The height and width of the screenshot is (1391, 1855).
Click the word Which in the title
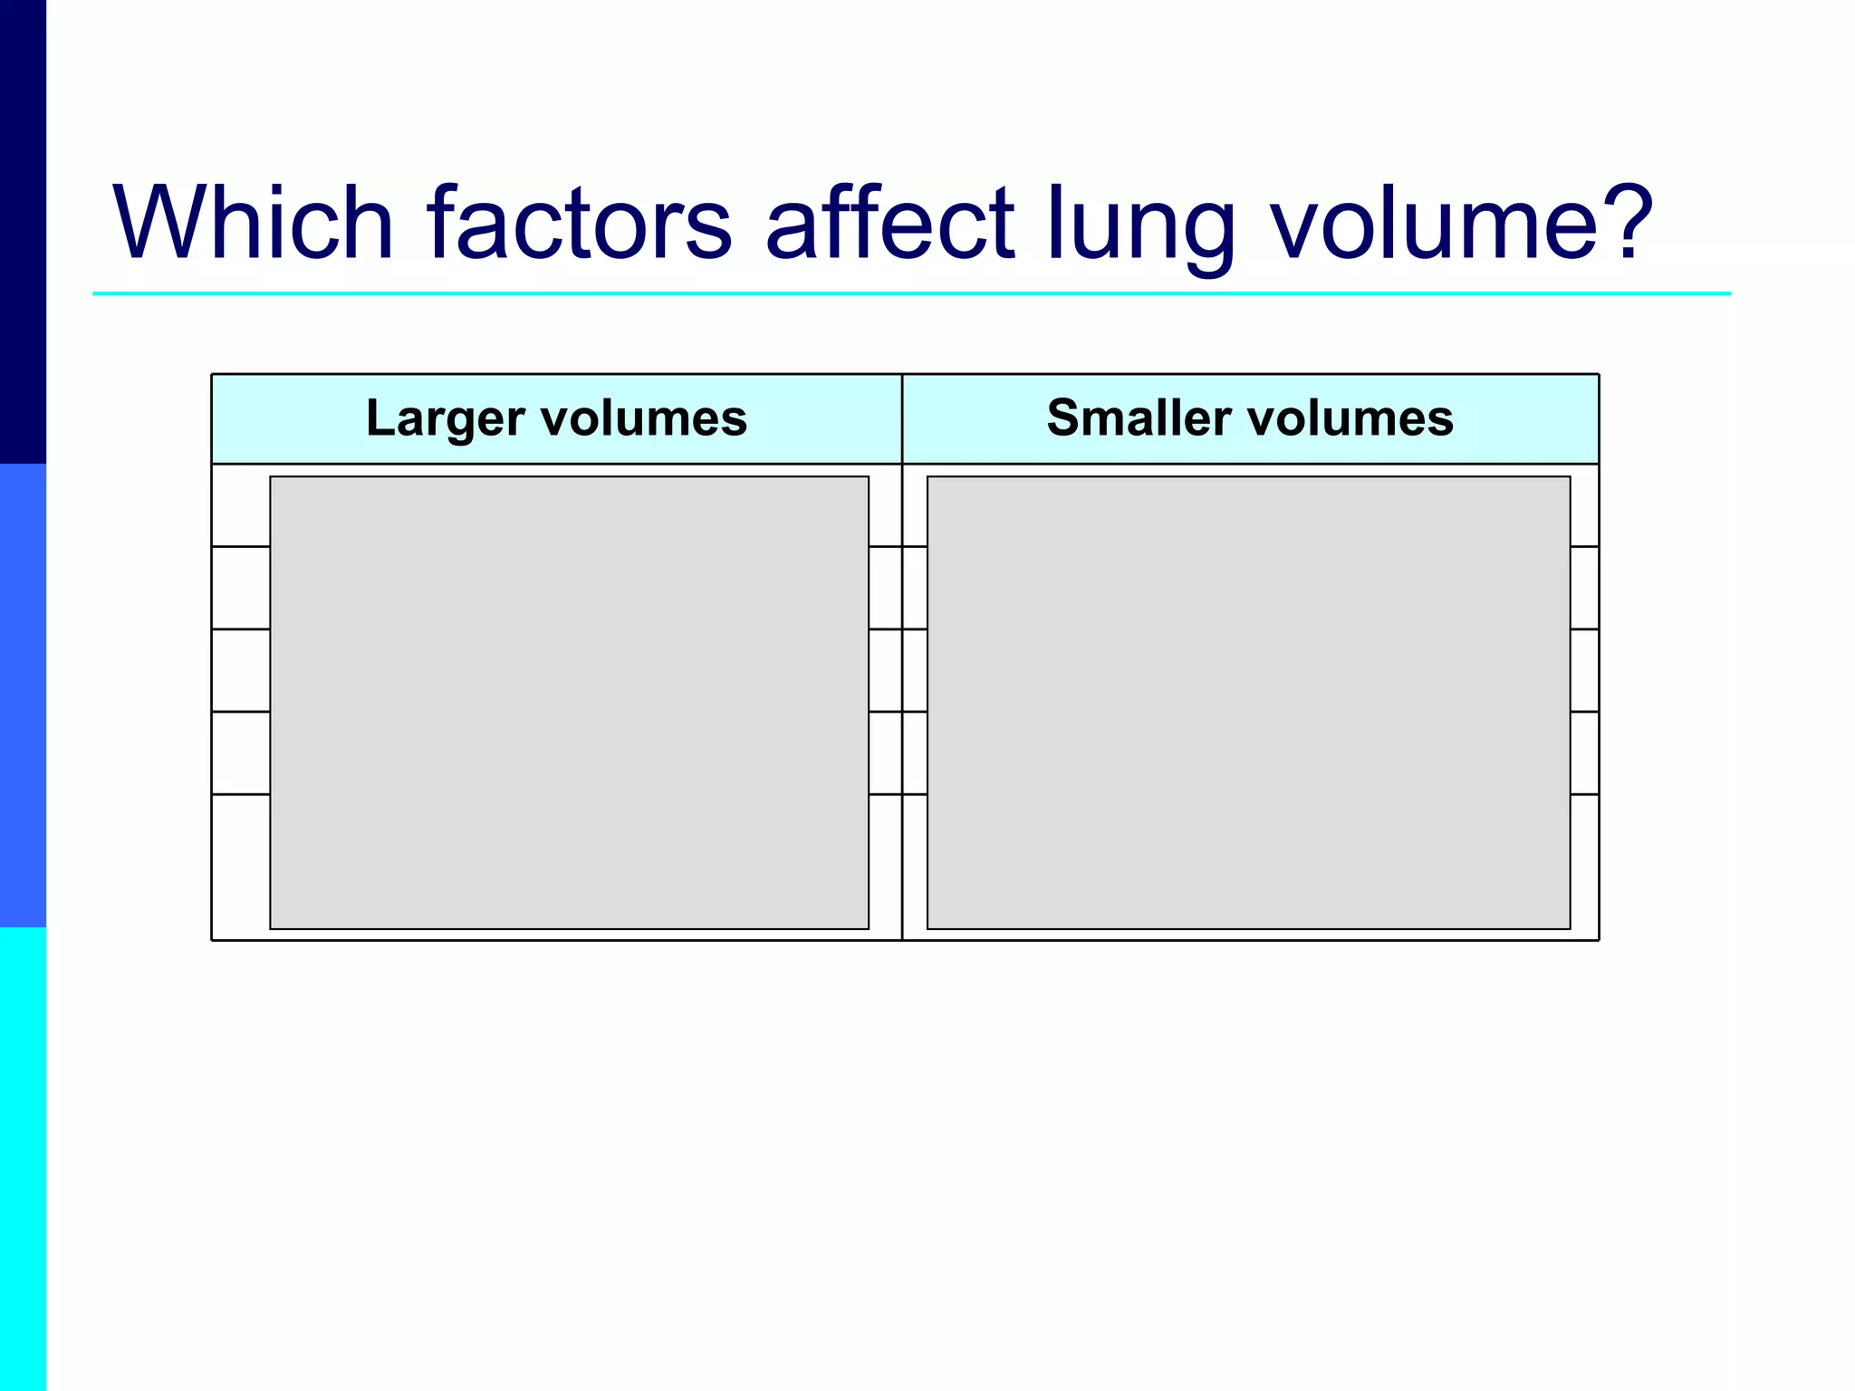[x=253, y=223]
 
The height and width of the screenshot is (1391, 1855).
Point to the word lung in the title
[x=1141, y=226]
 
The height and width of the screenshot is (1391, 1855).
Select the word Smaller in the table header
[x=1139, y=418]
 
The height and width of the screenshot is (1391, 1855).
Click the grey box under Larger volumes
[x=569, y=703]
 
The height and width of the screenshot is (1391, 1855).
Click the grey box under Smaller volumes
[x=1248, y=703]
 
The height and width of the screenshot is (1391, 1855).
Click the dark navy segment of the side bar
[x=23, y=232]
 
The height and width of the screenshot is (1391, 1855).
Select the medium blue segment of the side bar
[x=23, y=695]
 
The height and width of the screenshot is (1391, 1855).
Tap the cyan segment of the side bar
[x=23, y=1159]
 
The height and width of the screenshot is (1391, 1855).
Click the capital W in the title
[x=162, y=223]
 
